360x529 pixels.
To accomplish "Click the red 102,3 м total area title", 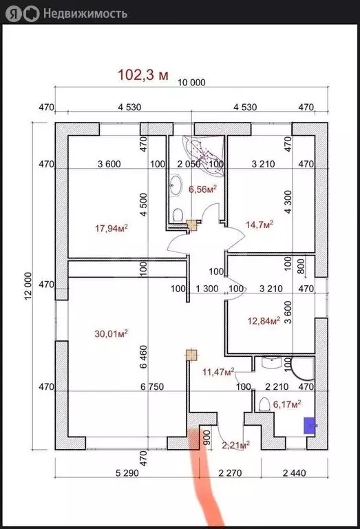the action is [143, 74].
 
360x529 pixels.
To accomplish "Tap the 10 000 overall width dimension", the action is [191, 83].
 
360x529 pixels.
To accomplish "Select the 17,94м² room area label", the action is [112, 229].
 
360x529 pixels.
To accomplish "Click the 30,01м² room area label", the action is [111, 333].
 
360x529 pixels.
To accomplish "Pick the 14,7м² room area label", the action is [260, 225].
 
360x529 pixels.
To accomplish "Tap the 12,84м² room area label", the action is [264, 320].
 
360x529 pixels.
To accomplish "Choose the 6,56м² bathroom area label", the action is [202, 189].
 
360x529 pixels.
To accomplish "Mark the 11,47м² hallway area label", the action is [218, 372].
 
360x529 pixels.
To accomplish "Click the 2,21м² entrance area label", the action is [235, 445].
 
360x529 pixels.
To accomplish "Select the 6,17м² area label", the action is [287, 404].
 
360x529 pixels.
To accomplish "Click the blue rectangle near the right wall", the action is [310, 426].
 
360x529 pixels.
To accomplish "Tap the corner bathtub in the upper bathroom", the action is [204, 155].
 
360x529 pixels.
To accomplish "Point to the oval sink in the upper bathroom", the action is [176, 185].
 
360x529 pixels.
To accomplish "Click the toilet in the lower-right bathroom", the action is [264, 404].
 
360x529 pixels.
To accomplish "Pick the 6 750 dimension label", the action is [152, 386].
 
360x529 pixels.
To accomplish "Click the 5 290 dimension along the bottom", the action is [127, 473].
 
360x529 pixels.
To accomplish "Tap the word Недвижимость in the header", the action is [85, 14].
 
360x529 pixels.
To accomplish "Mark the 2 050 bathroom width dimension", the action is [189, 164].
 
